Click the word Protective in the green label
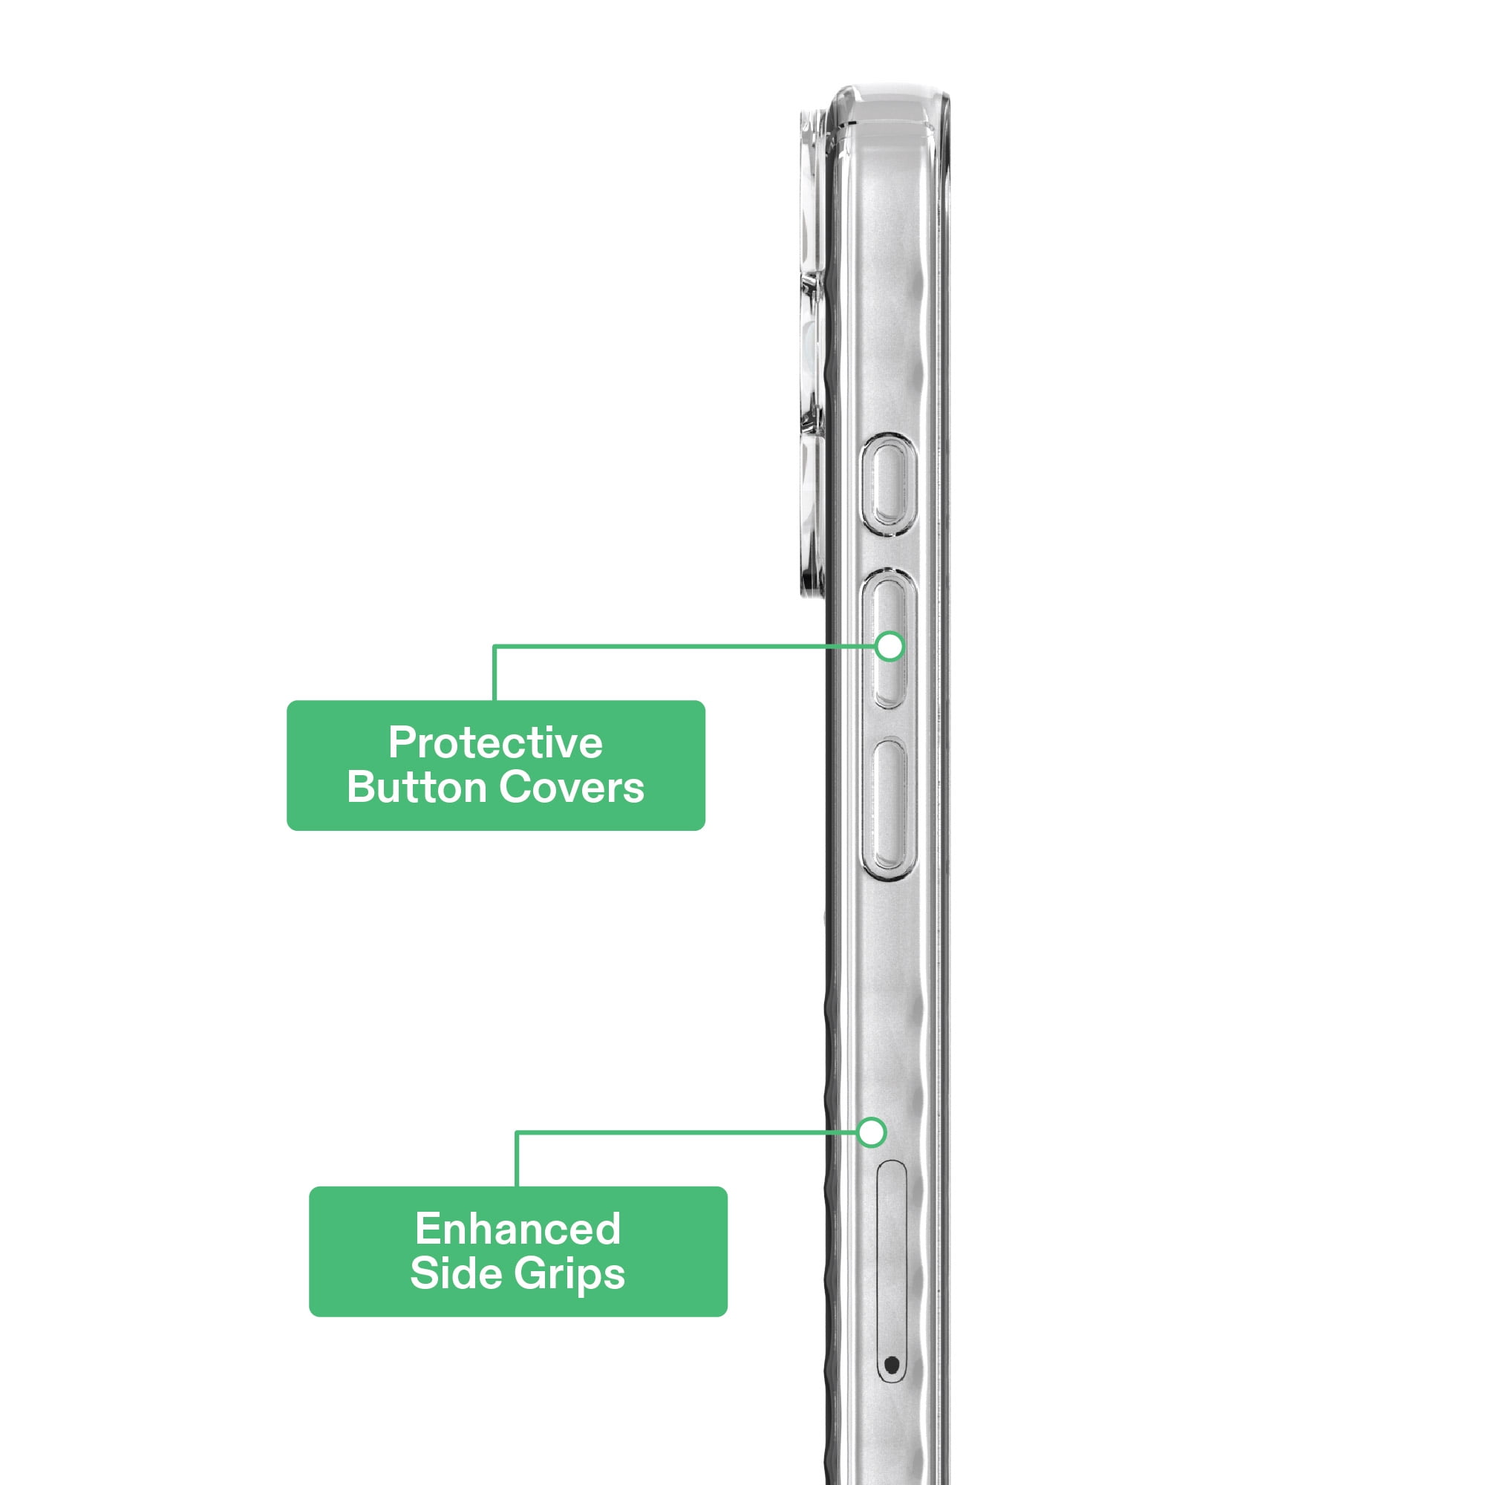495,744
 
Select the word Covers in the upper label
572,787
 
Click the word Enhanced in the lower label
518,1229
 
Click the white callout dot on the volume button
890,647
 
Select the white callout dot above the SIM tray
872,1132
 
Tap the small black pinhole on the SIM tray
892,1364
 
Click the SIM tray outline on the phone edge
892,1271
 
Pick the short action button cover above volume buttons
890,484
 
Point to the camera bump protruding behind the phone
812,353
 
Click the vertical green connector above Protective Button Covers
495,673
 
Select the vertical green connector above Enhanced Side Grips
517,1159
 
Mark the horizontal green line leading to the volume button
685,647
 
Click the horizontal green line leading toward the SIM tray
687,1132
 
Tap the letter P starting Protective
402,742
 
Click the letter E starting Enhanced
428,1228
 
